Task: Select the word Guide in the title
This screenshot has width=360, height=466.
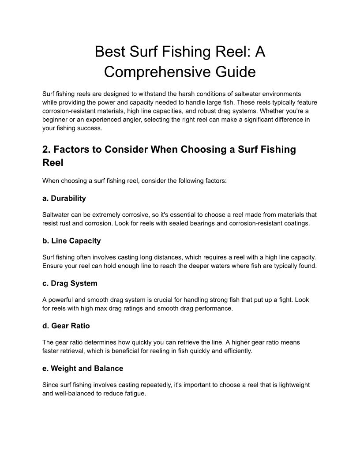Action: (x=234, y=71)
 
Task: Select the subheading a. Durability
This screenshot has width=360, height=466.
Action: (x=64, y=198)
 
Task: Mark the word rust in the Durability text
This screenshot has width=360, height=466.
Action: (x=64, y=223)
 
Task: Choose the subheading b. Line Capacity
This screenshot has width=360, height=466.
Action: (x=71, y=241)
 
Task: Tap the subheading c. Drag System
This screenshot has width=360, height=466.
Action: (x=70, y=283)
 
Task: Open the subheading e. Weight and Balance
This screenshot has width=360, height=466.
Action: (x=83, y=368)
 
